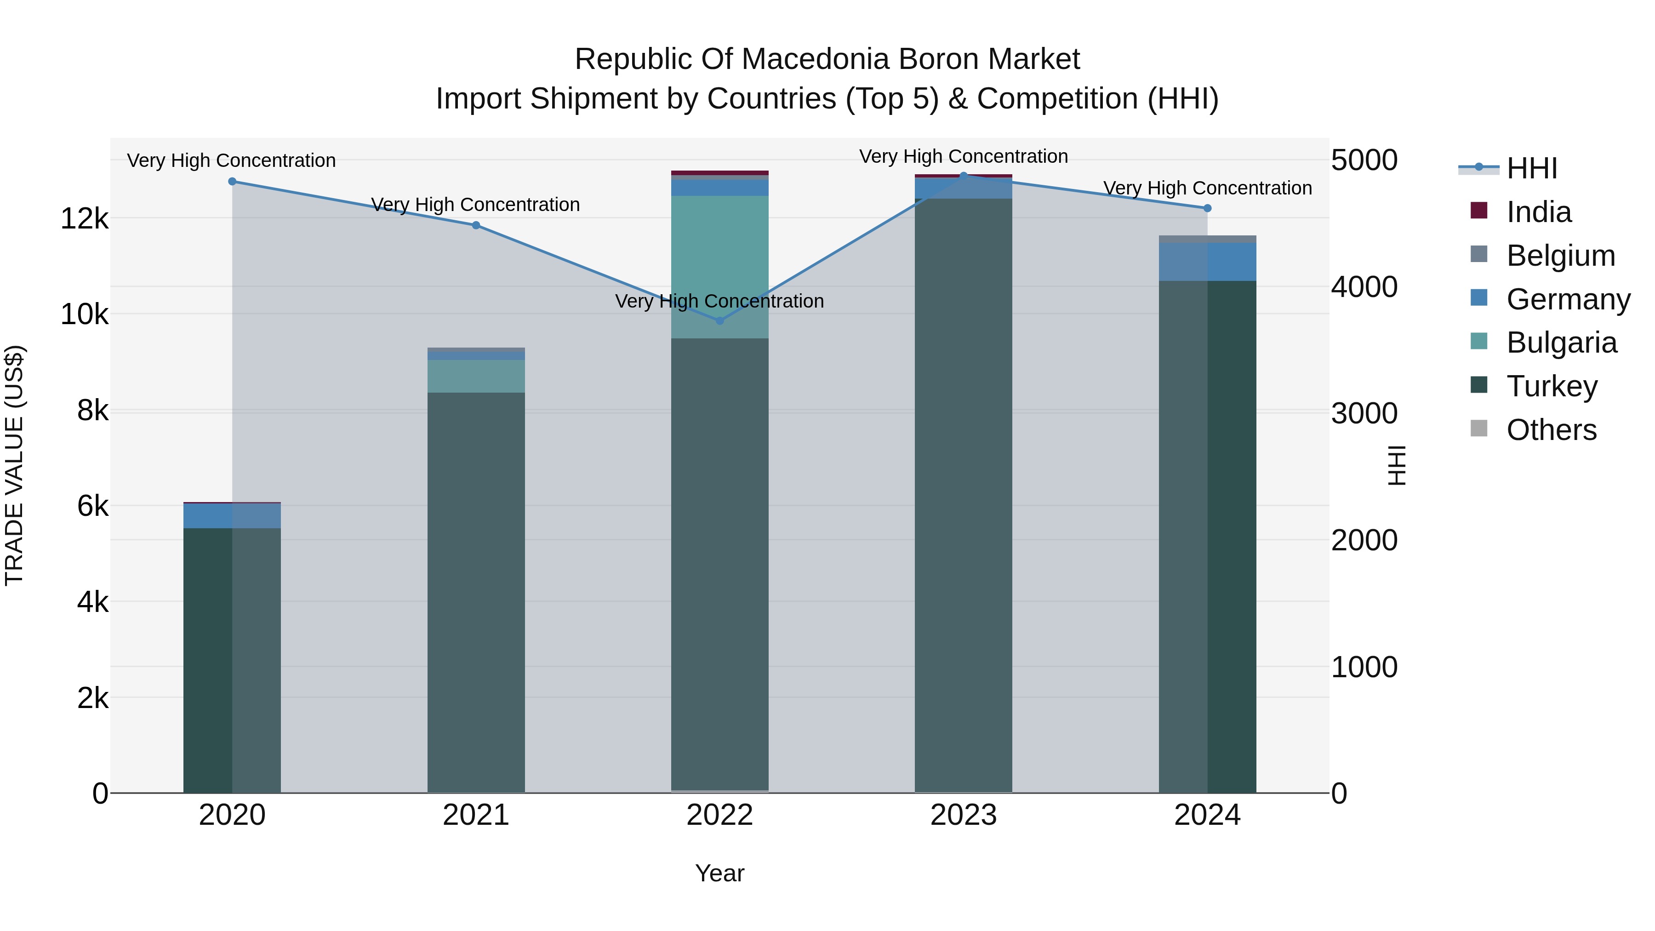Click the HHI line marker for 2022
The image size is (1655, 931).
719,320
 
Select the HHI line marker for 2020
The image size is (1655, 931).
233,182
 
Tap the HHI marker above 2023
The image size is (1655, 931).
963,176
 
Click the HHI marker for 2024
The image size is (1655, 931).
1207,208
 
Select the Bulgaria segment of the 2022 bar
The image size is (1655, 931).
719,267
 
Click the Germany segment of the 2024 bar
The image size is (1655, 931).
1207,262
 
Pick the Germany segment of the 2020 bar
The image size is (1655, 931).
232,516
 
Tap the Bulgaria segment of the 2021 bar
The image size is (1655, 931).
476,377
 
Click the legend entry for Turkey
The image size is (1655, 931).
1551,387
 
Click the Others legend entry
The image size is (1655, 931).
1551,430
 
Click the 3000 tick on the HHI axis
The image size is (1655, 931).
1364,414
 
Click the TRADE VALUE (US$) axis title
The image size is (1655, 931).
15,465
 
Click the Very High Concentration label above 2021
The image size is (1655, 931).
475,205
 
